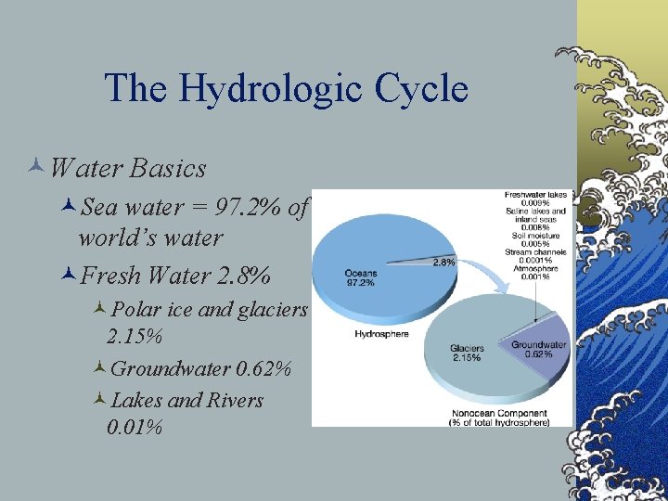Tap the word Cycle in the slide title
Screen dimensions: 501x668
point(421,89)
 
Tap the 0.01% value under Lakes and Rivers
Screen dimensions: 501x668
point(135,428)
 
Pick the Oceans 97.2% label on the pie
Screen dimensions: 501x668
point(360,277)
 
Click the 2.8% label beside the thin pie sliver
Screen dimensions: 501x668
point(444,263)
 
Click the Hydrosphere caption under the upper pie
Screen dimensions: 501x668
point(377,334)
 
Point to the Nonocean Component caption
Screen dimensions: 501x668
point(498,417)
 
